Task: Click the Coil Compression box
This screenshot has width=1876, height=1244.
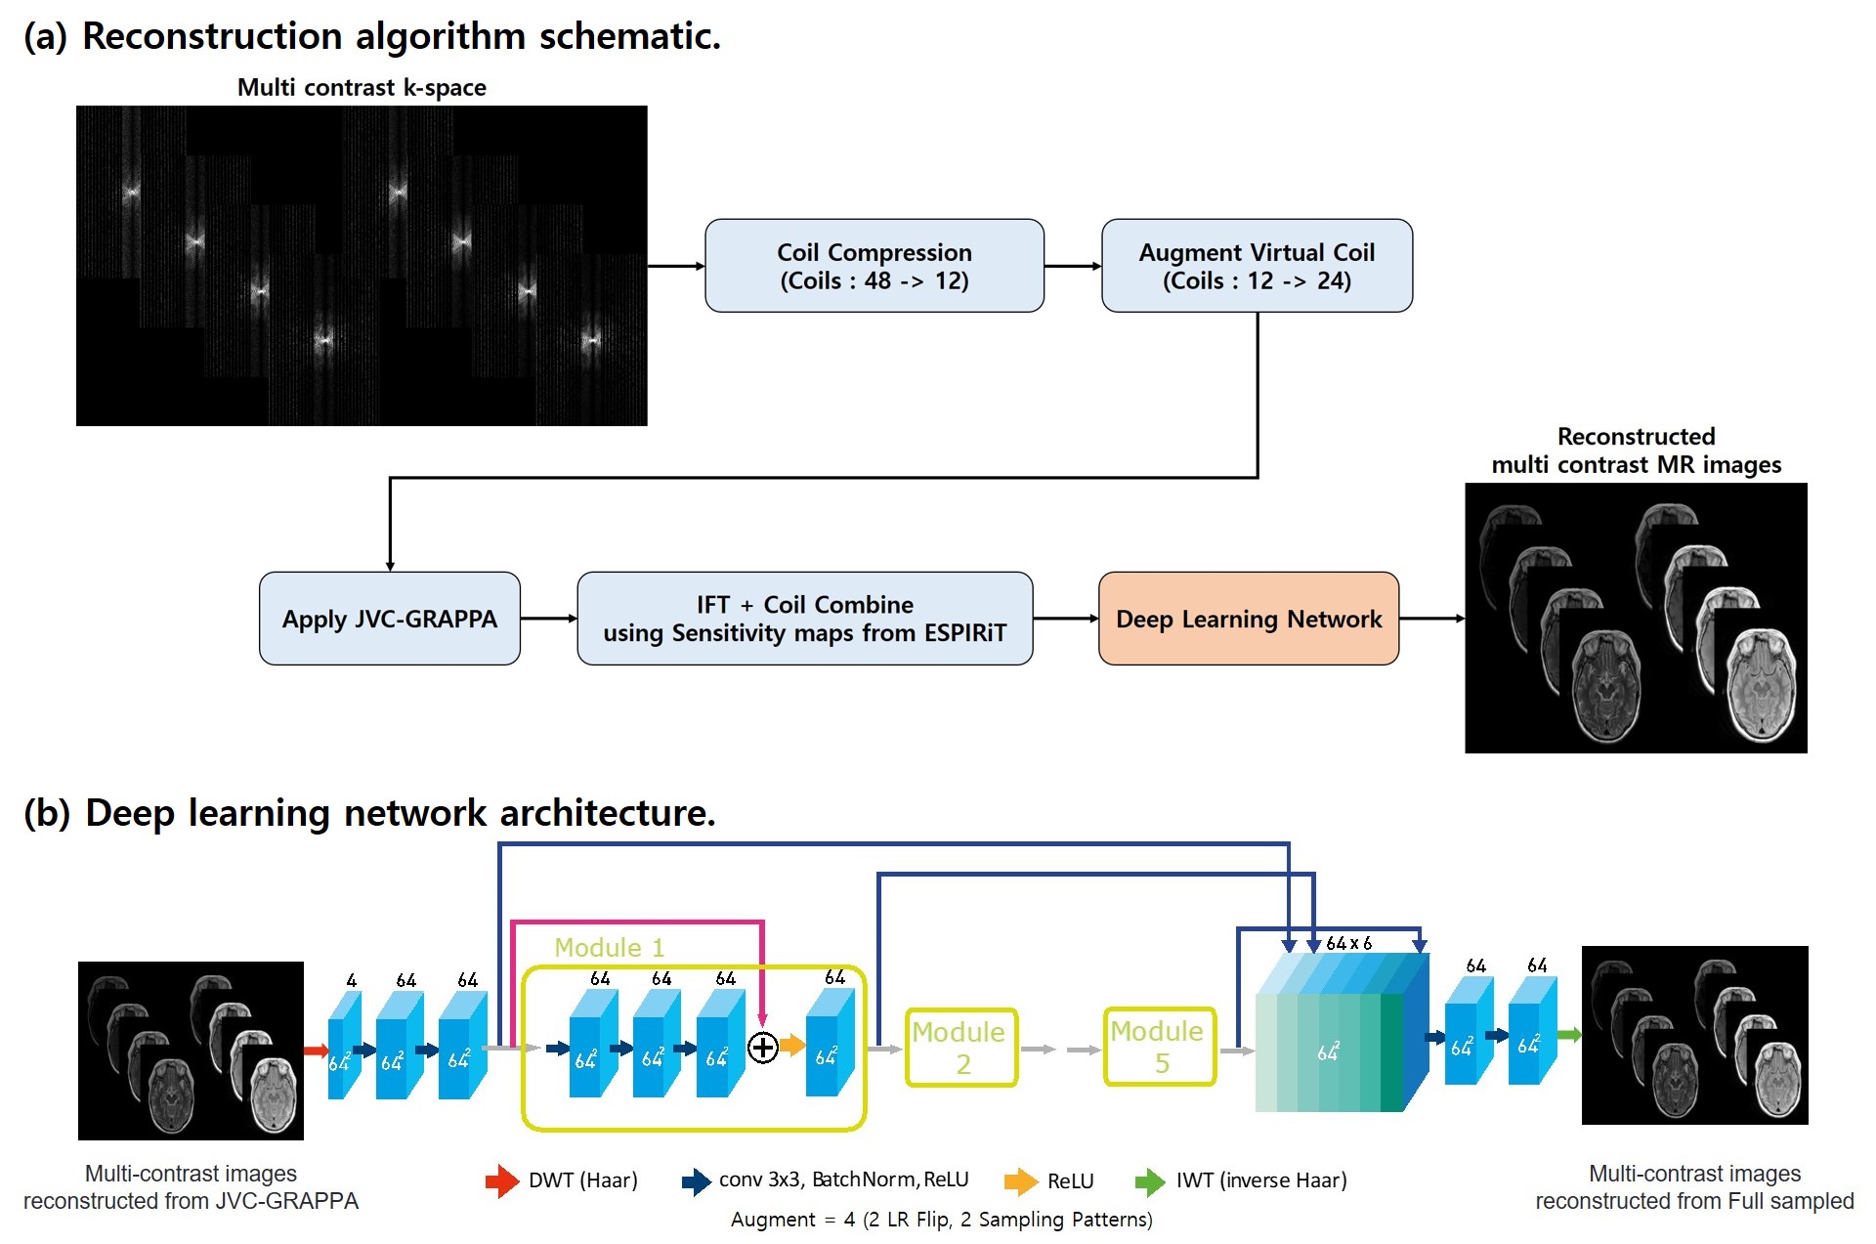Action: (x=874, y=266)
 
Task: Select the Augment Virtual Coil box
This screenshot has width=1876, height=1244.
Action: (x=1257, y=266)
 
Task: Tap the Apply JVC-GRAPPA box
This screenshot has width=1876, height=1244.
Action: (x=389, y=619)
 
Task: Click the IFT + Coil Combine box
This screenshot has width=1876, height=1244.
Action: (x=804, y=619)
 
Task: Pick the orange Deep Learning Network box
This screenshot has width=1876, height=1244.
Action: (x=1248, y=619)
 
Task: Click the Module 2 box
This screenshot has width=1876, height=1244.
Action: (x=961, y=1048)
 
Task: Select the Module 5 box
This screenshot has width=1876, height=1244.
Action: (x=1160, y=1047)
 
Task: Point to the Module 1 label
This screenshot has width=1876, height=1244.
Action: (x=609, y=948)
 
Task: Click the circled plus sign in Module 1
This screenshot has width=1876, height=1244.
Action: (x=762, y=1048)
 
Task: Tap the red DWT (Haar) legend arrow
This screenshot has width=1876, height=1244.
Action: (x=502, y=1180)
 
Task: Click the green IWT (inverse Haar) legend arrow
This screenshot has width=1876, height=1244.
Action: (x=1150, y=1180)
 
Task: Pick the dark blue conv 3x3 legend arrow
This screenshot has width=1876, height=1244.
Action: (x=696, y=1180)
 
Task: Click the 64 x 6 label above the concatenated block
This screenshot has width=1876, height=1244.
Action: (x=1348, y=943)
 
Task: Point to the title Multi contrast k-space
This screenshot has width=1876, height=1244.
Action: (x=362, y=88)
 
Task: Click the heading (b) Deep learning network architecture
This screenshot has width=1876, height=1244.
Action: (x=369, y=813)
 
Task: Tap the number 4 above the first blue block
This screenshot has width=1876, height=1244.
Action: (x=351, y=980)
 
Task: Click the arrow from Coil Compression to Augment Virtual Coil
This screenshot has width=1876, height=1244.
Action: (x=1072, y=266)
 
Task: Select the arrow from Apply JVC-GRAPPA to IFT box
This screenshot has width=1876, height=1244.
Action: (x=548, y=619)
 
